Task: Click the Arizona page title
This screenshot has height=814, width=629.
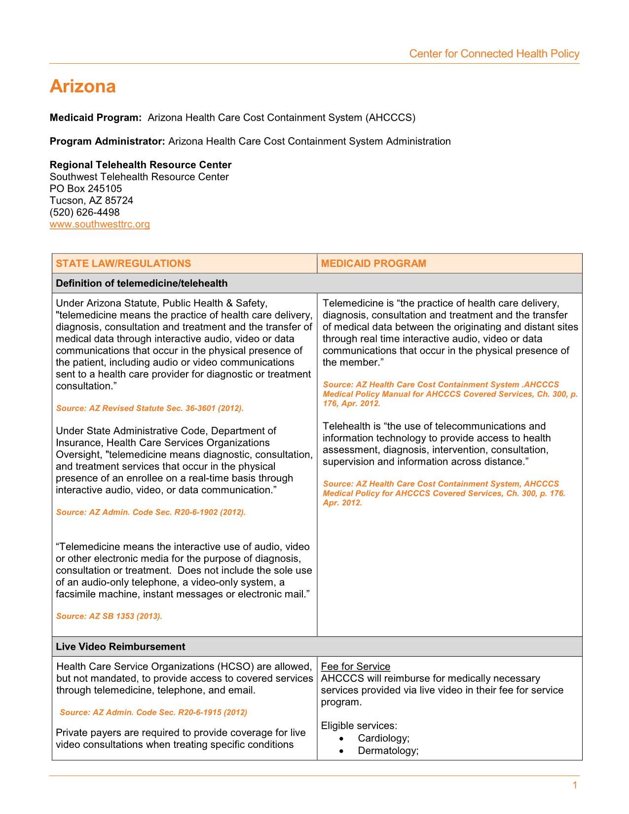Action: click(83, 87)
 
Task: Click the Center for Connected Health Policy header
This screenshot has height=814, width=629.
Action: click(494, 54)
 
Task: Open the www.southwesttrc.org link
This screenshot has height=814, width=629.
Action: click(100, 224)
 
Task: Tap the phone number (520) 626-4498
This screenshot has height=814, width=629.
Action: click(84, 213)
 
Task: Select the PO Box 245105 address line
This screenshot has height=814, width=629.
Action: click(86, 189)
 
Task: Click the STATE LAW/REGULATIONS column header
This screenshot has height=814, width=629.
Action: click(123, 263)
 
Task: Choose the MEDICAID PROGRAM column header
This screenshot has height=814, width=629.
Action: click(373, 263)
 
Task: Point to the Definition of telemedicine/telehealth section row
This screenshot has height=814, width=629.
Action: click(142, 284)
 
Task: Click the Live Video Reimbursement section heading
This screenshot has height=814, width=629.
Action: click(120, 647)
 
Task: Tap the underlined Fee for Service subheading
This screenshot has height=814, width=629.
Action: click(355, 667)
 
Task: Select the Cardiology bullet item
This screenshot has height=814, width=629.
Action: click(384, 739)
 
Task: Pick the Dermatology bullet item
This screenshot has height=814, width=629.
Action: click(388, 751)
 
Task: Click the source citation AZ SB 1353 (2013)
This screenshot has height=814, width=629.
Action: click(109, 616)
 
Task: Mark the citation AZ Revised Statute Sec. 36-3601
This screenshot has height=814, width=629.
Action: click(149, 408)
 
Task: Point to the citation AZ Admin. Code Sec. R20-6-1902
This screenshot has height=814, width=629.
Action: click(150, 512)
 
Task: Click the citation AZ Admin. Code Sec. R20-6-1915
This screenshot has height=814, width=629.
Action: click(153, 712)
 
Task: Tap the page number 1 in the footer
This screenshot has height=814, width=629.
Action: click(575, 785)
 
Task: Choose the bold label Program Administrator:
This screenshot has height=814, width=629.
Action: click(107, 142)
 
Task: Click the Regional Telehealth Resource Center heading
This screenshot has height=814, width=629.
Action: click(141, 165)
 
